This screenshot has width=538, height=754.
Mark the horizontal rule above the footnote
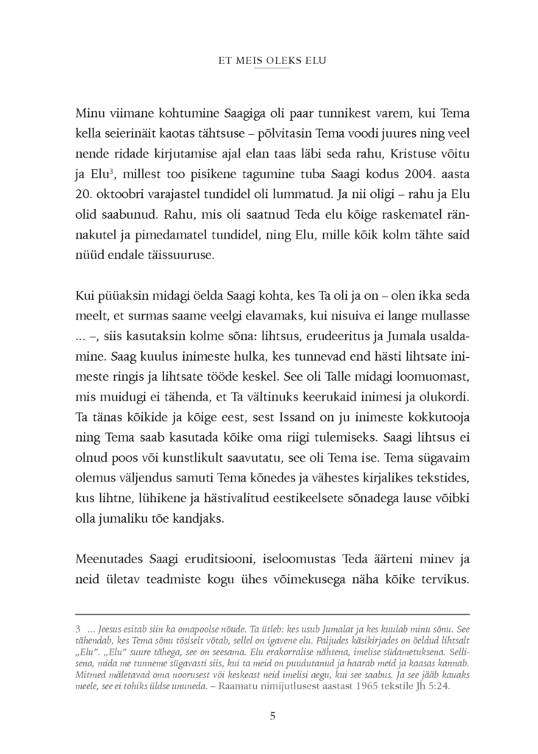coord(272,614)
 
